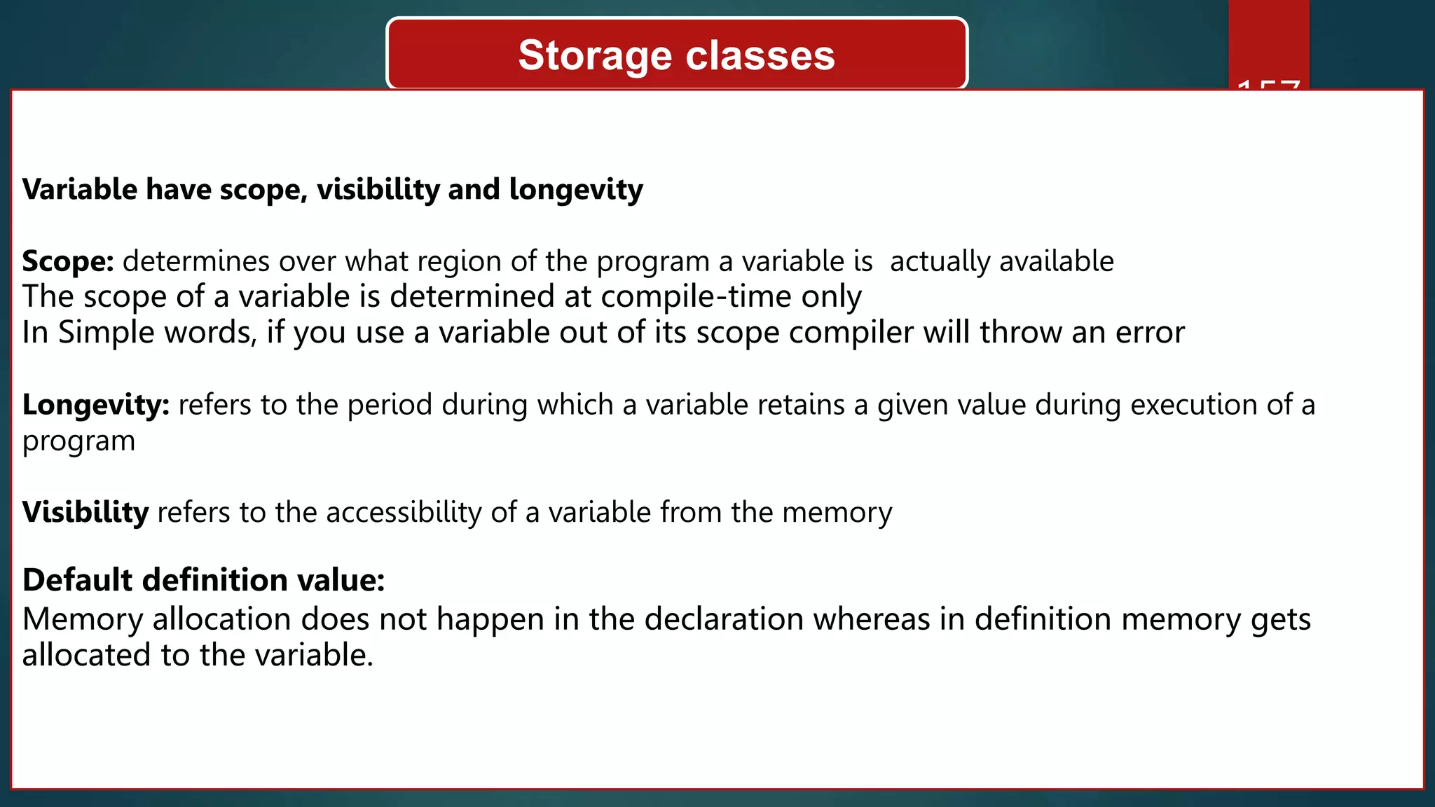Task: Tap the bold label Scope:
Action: pos(68,261)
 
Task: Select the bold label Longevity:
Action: pos(96,405)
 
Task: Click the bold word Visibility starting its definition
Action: pos(85,512)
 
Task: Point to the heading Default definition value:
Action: pos(204,580)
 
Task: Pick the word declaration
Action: pos(724,619)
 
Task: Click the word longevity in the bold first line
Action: pos(576,190)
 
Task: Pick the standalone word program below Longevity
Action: pos(78,441)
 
